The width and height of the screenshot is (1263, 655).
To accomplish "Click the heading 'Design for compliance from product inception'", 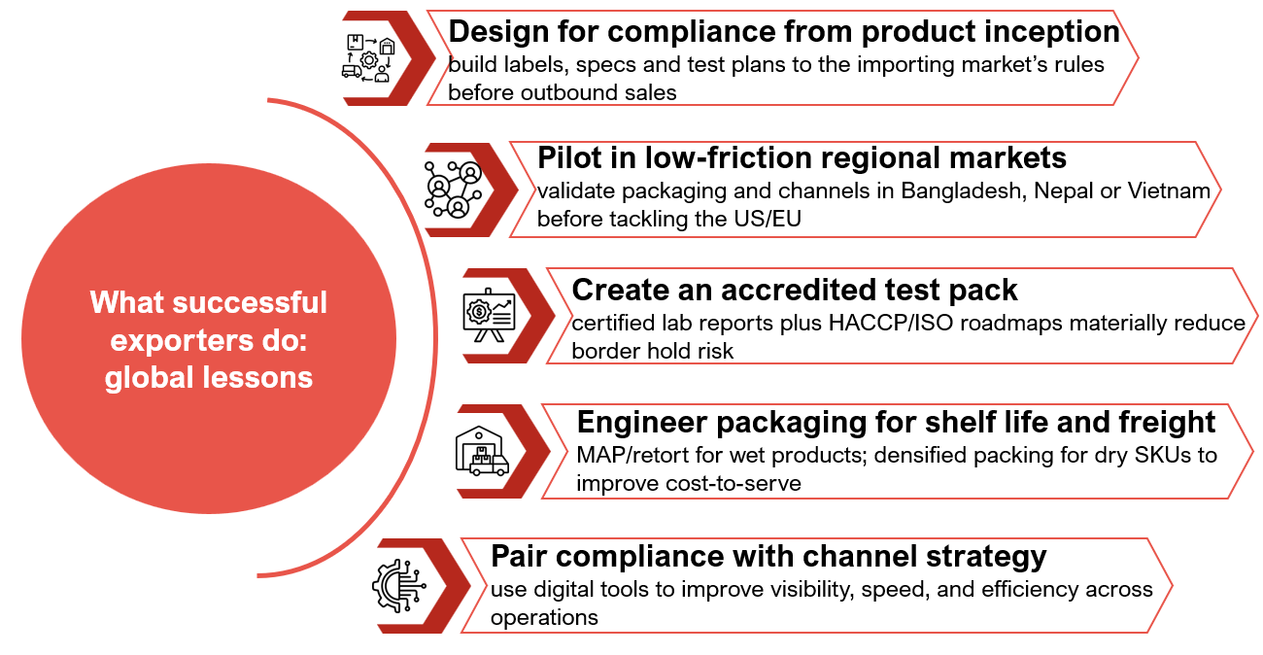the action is click(784, 32).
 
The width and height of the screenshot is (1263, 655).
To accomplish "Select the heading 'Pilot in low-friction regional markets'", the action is click(802, 157).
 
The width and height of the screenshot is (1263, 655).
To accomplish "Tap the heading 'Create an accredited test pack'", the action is click(795, 290).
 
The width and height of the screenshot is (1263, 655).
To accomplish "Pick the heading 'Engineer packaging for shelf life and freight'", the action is click(896, 423).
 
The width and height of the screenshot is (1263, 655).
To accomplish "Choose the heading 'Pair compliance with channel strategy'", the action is click(768, 557).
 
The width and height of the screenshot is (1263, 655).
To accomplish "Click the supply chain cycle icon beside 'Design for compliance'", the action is click(369, 58).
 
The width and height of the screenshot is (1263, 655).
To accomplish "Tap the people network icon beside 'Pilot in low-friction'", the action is click(454, 190).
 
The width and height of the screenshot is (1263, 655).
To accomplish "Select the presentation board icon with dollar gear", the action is click(489, 316).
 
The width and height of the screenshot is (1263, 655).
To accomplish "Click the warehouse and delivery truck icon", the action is click(482, 451).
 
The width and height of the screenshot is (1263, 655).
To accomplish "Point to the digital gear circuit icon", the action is click(399, 586).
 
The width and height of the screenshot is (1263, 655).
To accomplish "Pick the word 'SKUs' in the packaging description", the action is click(1161, 455).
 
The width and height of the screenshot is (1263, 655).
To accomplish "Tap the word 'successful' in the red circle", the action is click(250, 302).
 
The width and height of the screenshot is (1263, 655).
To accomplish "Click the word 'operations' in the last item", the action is click(544, 618).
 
